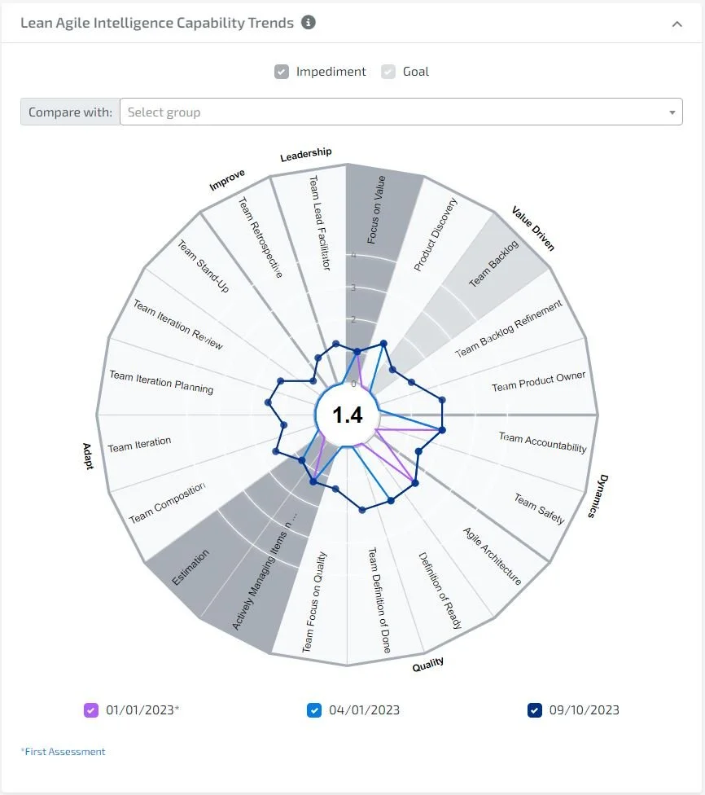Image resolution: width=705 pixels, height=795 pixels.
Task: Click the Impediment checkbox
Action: [282, 72]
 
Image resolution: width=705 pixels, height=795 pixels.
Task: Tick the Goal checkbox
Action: [389, 72]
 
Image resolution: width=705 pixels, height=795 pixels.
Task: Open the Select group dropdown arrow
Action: [672, 112]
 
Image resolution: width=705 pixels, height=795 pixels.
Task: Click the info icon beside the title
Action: [308, 23]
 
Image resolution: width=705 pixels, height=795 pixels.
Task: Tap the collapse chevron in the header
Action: [677, 24]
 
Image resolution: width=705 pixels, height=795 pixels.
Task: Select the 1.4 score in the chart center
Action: [348, 415]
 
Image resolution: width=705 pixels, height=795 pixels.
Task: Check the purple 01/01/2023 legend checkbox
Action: [91, 709]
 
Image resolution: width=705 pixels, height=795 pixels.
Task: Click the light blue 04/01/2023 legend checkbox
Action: [314, 709]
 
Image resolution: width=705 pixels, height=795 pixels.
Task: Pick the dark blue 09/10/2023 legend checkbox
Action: [535, 709]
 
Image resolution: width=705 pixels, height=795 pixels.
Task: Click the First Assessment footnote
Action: [63, 752]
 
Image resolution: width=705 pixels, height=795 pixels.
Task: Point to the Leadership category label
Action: [306, 154]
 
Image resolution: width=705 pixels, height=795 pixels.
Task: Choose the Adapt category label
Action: [88, 456]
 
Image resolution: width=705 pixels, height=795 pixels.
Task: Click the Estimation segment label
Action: [191, 567]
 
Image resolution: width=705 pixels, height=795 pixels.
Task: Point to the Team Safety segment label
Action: [539, 508]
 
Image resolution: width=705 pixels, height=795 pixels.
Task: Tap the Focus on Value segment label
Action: [376, 210]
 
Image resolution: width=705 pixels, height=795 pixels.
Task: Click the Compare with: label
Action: [70, 112]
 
